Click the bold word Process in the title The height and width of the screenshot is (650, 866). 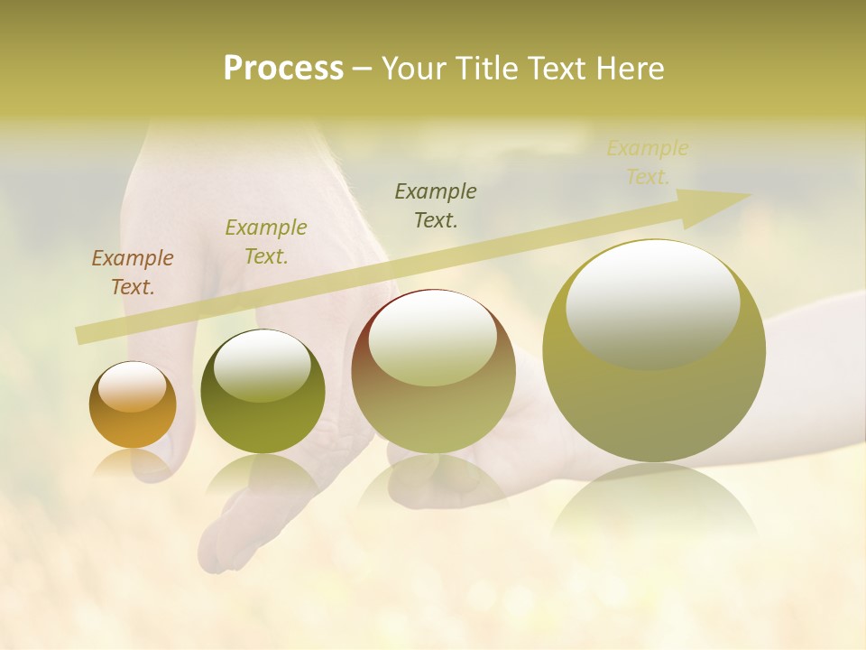point(283,68)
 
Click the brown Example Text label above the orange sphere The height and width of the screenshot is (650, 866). point(132,273)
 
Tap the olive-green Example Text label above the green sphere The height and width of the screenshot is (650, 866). point(265,242)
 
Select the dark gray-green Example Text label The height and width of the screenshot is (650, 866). point(436,205)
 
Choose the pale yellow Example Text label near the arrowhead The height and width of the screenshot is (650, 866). point(647,162)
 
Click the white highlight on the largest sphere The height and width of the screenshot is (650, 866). point(653,302)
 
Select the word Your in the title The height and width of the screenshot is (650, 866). point(414,69)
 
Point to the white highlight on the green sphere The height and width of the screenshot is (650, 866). point(263,366)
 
